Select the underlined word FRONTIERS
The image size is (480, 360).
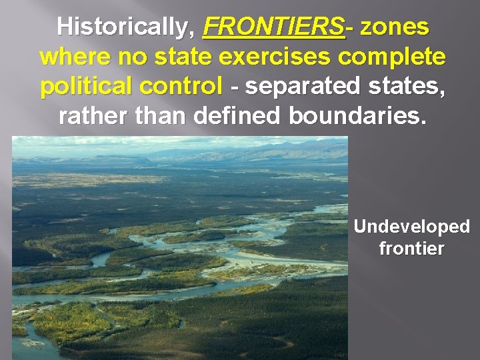(x=274, y=27)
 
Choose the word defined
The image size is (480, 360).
(x=238, y=117)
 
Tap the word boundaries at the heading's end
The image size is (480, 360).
(x=355, y=117)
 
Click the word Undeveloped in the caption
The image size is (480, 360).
(x=411, y=227)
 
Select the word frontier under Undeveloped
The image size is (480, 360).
(x=411, y=249)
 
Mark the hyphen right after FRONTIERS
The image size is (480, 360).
(x=351, y=29)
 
